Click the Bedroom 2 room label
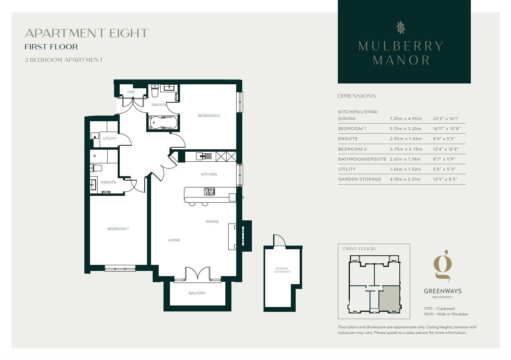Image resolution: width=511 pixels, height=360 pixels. point(208,116)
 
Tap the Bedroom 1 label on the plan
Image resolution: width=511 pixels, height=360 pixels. point(118,228)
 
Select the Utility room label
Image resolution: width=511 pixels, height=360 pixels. point(110,138)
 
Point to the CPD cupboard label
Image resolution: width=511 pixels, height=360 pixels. point(131,92)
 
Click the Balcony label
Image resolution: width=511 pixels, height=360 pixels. point(197,293)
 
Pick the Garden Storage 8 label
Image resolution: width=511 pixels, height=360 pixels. point(282,270)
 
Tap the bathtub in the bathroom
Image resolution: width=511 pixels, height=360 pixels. point(163,122)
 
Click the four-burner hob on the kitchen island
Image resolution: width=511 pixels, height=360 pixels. point(209,191)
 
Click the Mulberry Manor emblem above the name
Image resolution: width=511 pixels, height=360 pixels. point(401,28)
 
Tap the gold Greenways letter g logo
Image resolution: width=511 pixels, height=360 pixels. point(443,266)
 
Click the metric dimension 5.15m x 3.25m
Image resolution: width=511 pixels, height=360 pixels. point(405,128)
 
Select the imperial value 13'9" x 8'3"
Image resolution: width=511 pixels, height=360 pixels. point(445,179)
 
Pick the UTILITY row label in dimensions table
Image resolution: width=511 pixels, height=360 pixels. point(347,169)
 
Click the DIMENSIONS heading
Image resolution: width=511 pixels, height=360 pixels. point(357,96)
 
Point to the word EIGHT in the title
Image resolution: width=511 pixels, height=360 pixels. point(129,33)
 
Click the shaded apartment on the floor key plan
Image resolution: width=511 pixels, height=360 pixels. point(389,299)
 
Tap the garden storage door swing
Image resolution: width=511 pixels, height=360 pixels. point(280,240)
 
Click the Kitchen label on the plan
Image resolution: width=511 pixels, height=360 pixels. point(209,174)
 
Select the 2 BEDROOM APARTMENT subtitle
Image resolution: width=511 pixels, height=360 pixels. point(64,60)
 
